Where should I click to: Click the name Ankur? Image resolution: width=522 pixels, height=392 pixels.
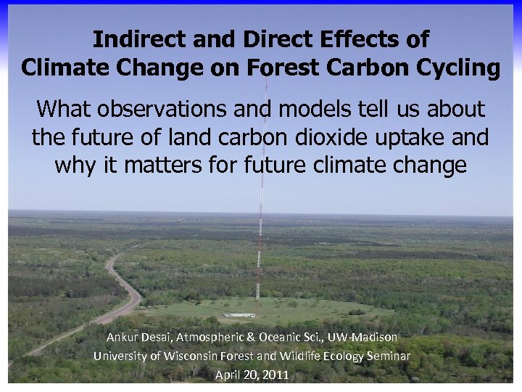(x=123, y=338)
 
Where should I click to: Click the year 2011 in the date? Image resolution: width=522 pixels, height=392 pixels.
(x=276, y=375)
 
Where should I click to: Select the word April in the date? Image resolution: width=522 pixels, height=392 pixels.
(x=229, y=375)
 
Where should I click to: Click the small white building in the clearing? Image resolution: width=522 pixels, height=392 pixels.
(x=240, y=315)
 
